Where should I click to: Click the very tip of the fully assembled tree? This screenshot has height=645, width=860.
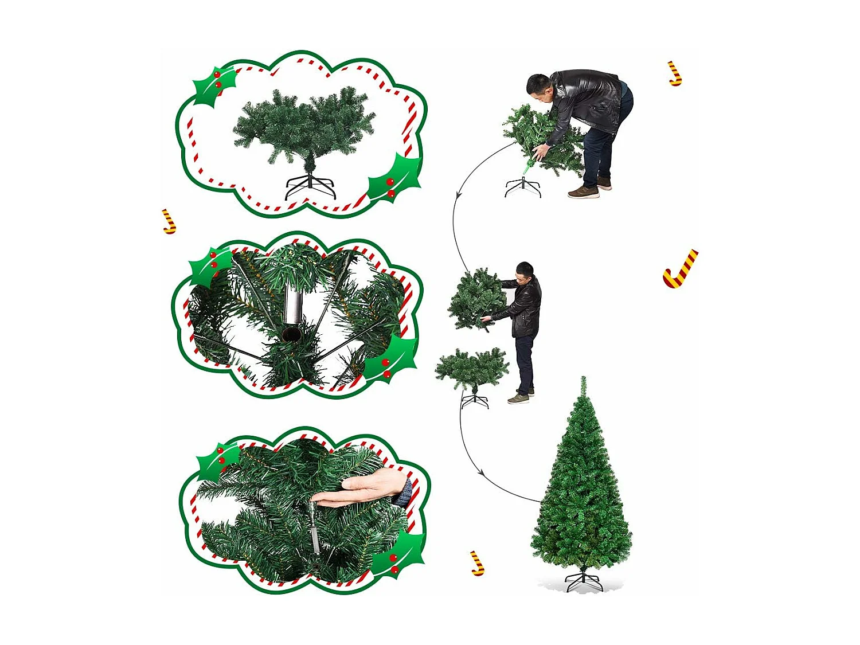[583, 378]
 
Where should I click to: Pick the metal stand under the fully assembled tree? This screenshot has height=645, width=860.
[584, 580]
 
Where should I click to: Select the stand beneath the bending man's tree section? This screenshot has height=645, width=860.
[523, 187]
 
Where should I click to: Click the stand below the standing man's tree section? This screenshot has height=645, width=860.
[475, 399]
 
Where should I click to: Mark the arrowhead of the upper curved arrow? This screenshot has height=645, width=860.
[458, 196]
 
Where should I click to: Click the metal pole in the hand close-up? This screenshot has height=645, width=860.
[315, 527]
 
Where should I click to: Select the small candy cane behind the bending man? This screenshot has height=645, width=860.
[675, 74]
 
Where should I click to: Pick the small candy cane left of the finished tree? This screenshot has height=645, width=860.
[477, 563]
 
